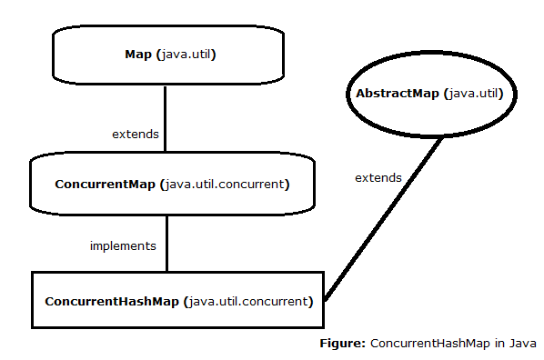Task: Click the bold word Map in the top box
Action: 138,55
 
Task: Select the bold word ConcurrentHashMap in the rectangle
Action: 112,300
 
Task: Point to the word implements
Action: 123,245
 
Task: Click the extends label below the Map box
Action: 136,134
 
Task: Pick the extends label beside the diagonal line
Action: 378,177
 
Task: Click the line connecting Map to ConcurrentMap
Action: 165,118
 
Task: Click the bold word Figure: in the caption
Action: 342,344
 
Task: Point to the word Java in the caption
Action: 522,344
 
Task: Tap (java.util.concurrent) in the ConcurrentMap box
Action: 224,185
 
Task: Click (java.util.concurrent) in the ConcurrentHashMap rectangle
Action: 247,300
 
